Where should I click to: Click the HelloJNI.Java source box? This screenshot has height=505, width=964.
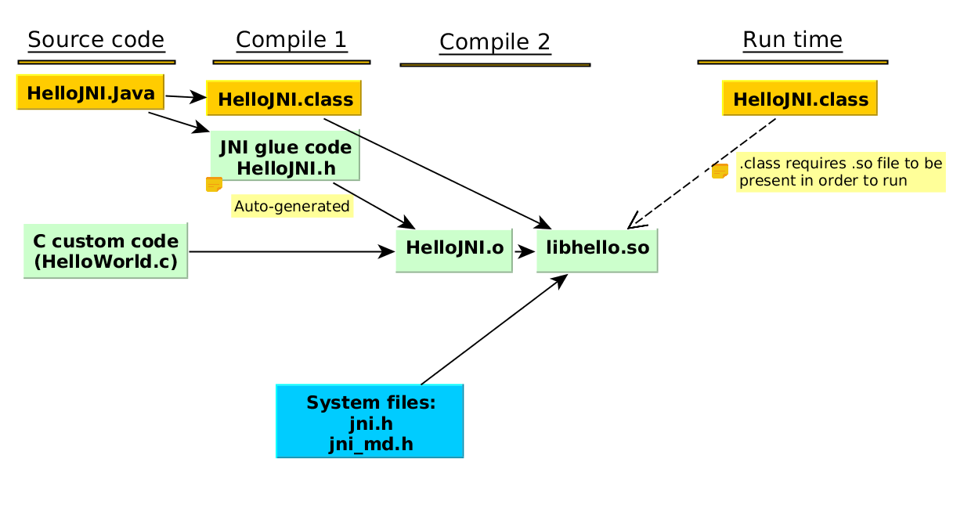[91, 92]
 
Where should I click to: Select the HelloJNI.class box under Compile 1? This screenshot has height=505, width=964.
[284, 99]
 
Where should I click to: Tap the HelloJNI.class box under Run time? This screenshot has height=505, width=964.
[800, 99]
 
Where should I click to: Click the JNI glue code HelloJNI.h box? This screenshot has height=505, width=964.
[285, 156]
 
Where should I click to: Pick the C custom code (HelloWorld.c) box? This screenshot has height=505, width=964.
[106, 251]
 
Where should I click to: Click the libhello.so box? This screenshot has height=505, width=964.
[597, 250]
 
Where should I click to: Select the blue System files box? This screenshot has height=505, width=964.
[370, 421]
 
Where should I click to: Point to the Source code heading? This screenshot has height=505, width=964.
[96, 40]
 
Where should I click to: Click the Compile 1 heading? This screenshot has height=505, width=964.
[291, 40]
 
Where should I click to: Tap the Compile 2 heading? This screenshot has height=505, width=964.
[494, 42]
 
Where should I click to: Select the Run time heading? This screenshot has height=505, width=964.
[792, 40]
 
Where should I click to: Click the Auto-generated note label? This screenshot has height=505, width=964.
[292, 207]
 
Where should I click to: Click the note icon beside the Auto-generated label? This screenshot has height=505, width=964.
[214, 185]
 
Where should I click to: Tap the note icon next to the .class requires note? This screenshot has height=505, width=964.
[720, 171]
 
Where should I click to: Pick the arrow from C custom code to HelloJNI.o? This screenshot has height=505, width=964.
[290, 251]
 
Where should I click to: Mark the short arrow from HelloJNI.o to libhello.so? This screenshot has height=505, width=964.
[524, 251]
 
